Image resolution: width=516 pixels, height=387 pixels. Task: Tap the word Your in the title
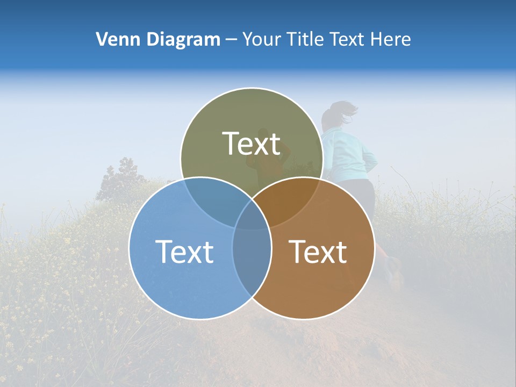[261, 39]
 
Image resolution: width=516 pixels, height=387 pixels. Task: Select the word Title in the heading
[305, 39]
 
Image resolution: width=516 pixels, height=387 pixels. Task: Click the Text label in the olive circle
[252, 144]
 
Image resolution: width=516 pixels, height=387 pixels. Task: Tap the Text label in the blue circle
[184, 251]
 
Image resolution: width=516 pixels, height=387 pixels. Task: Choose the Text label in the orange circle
[318, 251]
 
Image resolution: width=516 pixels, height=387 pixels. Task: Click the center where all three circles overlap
[252, 215]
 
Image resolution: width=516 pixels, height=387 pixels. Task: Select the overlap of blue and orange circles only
[252, 258]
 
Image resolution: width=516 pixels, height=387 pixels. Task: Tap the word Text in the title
[347, 39]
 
